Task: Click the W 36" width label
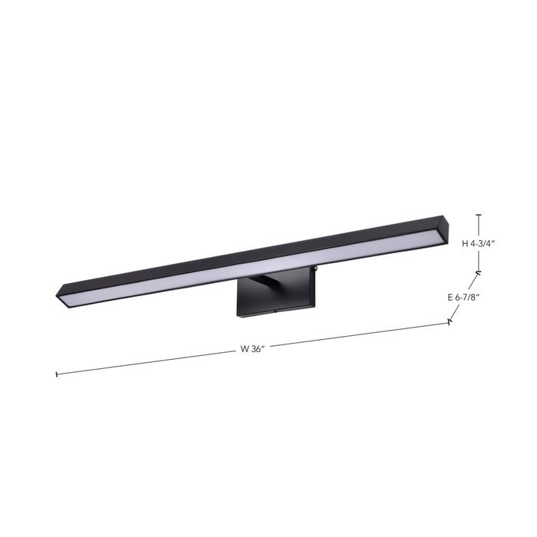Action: tap(252, 349)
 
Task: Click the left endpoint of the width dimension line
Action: tap(57, 374)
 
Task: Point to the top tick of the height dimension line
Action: tap(479, 215)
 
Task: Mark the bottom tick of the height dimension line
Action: tap(479, 272)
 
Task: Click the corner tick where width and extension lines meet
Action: tap(450, 324)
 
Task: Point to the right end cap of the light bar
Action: tap(446, 226)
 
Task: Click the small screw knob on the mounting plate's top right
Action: tap(314, 268)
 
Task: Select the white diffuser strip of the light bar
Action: tap(253, 265)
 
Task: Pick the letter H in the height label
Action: tap(465, 243)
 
